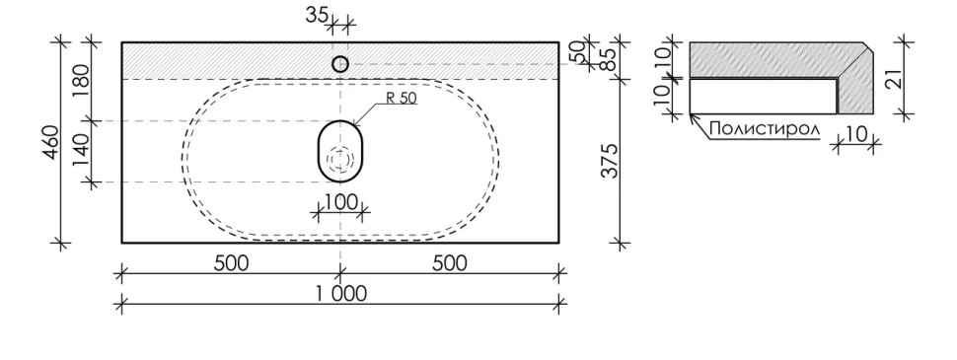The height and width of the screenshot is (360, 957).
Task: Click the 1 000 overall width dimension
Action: click(340, 293)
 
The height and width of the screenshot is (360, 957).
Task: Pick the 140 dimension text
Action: click(80, 151)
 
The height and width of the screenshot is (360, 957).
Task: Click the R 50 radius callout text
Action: click(400, 99)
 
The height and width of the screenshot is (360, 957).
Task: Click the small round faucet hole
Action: click(340, 64)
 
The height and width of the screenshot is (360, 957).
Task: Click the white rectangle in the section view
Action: click(762, 96)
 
